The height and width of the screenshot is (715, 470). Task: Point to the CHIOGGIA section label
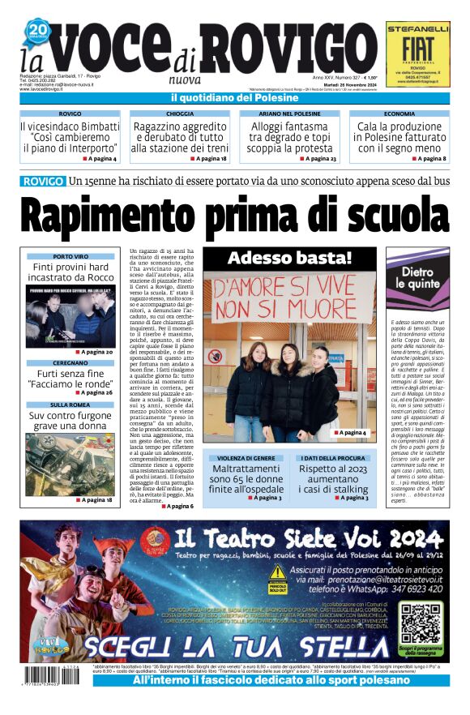point(179,114)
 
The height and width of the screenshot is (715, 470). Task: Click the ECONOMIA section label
point(399,114)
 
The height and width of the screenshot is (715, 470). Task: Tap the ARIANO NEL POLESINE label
point(289,114)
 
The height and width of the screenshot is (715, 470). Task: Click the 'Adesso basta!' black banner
point(289,259)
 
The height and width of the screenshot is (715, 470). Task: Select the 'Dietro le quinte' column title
point(418,279)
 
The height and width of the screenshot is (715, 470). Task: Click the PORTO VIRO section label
point(70,256)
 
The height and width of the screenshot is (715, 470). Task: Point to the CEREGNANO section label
point(70,363)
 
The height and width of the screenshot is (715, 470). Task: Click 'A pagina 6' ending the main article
point(178,506)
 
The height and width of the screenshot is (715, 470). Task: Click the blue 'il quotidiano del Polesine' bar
point(235,98)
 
